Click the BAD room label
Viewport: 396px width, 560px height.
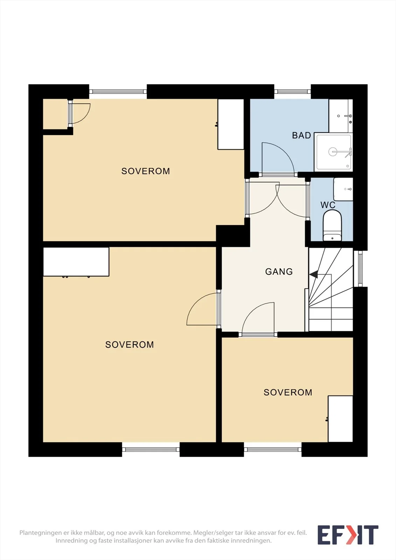pyautogui.click(x=301, y=135)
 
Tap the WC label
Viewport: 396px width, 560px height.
pyautogui.click(x=328, y=205)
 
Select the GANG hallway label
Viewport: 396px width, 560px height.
pyautogui.click(x=279, y=272)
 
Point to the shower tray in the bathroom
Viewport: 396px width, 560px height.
pyautogui.click(x=334, y=152)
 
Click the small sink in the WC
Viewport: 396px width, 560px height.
pyautogui.click(x=343, y=189)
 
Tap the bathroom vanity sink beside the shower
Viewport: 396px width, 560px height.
pyautogui.click(x=341, y=116)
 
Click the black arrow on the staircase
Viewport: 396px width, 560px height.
pyautogui.click(x=314, y=274)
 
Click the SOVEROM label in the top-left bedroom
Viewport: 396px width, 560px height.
pyautogui.click(x=146, y=171)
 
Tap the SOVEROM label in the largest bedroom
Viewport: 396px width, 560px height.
pyautogui.click(x=130, y=344)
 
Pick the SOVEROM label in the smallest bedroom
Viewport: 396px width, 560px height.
pyautogui.click(x=288, y=392)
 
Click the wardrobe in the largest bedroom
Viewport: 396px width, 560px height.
pyautogui.click(x=76, y=262)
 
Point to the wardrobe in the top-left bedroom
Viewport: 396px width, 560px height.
pyautogui.click(x=231, y=124)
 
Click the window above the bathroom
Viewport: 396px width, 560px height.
pyautogui.click(x=292, y=92)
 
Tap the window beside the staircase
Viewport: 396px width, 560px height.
pyautogui.click(x=360, y=268)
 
